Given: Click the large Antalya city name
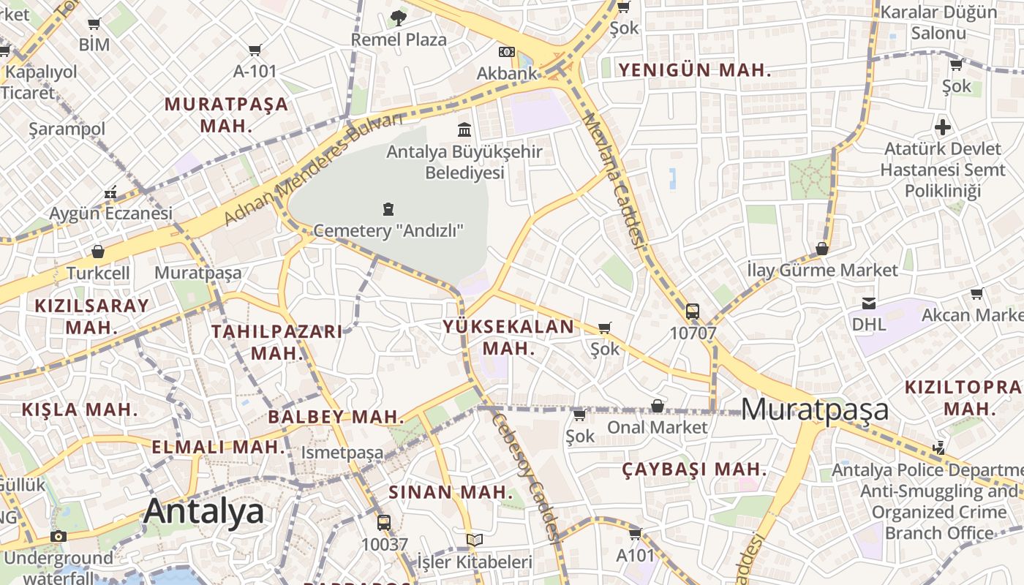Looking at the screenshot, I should coord(203,511).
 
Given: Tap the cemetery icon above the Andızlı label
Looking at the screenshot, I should coord(388,209).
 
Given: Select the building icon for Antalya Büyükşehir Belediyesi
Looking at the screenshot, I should coord(464,129).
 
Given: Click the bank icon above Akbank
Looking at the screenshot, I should coord(506,52).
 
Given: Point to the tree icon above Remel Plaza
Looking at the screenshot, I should coord(399,18).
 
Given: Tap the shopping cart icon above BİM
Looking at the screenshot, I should coord(94,24).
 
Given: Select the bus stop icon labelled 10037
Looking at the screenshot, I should coord(384,523).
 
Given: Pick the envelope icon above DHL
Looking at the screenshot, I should coord(868,303).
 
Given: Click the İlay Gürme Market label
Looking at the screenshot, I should coord(822,270).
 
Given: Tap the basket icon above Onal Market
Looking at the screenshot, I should coord(658,406).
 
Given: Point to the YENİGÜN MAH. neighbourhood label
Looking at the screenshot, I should coord(695,71).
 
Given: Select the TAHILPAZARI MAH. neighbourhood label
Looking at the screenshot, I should coord(276,341).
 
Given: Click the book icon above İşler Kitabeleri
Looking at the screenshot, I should coord(475,540).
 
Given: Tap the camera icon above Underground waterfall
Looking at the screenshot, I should coord(59,536).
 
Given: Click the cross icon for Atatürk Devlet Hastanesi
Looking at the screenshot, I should coord(943,127).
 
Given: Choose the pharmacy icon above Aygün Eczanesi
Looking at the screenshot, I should coord(110,192).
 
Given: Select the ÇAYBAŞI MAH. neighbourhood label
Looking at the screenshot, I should coord(694,469).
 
